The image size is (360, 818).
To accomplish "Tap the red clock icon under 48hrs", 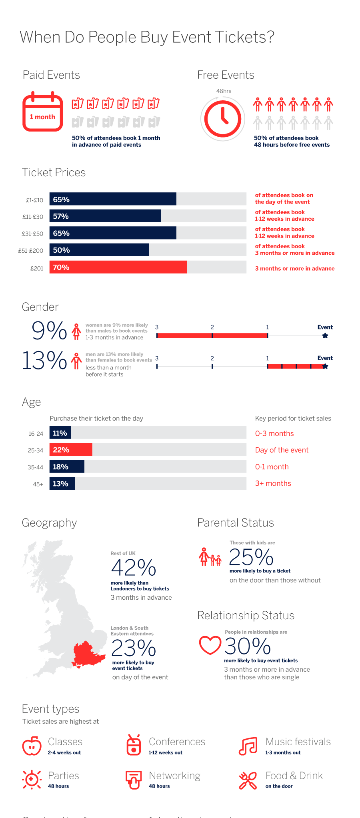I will [223, 119].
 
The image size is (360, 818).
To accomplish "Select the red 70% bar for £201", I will [118, 267].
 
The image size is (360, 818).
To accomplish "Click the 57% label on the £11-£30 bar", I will [61, 216].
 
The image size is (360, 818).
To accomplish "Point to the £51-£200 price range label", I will [31, 251].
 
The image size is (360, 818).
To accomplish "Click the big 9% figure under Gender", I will [49, 331].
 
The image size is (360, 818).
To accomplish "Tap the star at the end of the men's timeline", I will [325, 366].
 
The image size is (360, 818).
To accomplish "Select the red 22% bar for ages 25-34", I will [71, 450].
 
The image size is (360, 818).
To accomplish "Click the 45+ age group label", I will [38, 484].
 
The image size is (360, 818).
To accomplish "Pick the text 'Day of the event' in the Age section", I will [282, 450].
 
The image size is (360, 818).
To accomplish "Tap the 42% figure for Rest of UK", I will [133, 568].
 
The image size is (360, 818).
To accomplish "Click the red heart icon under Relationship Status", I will [210, 644].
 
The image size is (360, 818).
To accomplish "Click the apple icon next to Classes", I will [32, 746].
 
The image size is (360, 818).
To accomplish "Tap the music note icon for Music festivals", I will [248, 746].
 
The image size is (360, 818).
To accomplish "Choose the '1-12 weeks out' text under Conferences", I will [165, 752].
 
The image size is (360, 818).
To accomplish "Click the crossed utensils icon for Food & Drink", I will [248, 780].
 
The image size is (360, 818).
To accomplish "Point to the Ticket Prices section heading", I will [54, 172].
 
